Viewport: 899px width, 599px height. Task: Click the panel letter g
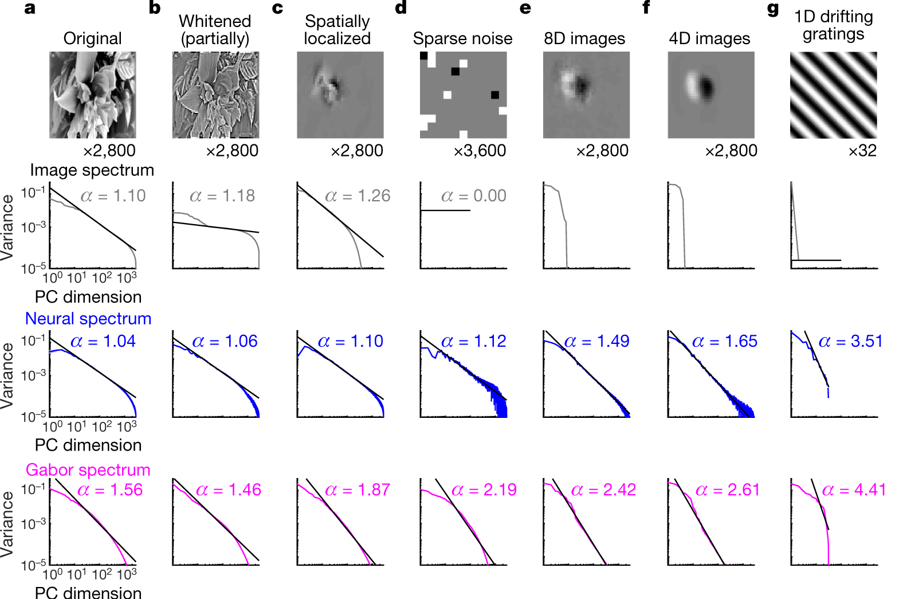[772, 9]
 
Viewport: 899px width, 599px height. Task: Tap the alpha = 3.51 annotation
[850, 342]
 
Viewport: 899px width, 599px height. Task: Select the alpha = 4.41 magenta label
[854, 490]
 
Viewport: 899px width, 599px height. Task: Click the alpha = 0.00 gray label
[473, 196]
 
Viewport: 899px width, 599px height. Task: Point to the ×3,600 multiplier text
[480, 151]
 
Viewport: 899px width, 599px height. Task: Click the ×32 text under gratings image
[862, 151]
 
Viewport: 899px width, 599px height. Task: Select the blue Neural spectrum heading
[88, 319]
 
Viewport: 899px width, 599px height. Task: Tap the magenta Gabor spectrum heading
[88, 470]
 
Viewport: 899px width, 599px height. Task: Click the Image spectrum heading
[92, 170]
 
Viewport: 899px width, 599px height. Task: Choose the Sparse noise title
[462, 38]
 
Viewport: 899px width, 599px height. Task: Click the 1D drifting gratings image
[833, 95]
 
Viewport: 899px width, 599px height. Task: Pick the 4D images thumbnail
[710, 95]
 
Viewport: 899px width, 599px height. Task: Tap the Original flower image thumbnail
[92, 95]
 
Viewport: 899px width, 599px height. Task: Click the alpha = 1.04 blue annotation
[103, 342]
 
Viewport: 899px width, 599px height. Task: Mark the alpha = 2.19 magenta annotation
[484, 490]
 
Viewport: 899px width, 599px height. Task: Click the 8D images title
[584, 38]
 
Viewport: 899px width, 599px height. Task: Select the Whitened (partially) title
[215, 30]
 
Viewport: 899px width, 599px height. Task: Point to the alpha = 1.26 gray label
[358, 196]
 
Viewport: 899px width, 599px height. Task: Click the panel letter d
[401, 8]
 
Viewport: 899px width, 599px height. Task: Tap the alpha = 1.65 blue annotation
[724, 342]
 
